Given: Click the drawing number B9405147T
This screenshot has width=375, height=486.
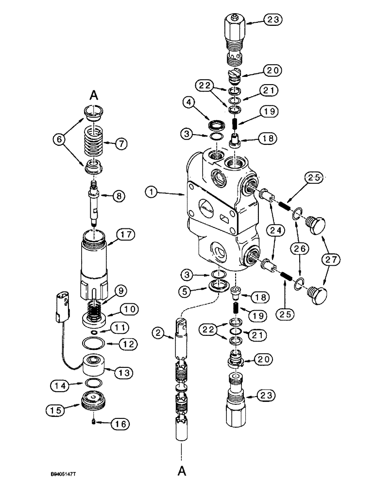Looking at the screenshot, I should pyautogui.click(x=71, y=471).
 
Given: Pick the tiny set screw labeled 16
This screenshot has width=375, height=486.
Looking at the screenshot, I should pyautogui.click(x=93, y=425).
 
